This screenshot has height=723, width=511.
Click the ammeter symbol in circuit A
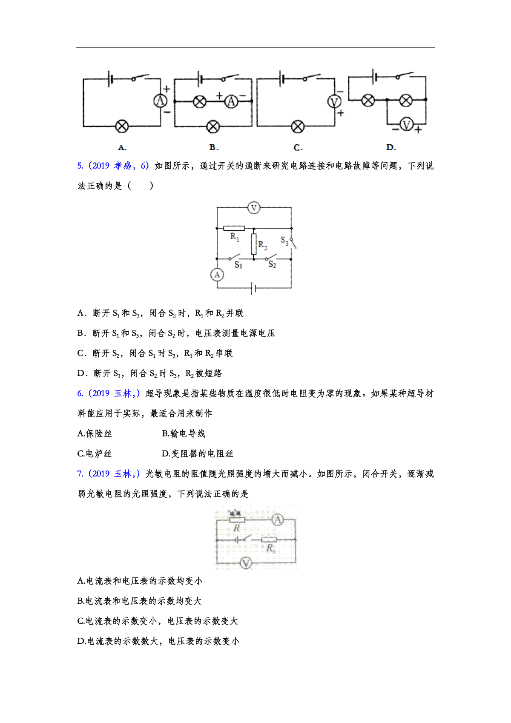[161, 101]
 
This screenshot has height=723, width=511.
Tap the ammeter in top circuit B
[231, 102]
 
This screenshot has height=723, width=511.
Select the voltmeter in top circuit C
[334, 102]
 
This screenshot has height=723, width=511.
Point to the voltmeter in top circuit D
[406, 124]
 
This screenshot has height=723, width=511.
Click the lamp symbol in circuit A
[122, 126]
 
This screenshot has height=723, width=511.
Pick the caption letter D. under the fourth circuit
[391, 147]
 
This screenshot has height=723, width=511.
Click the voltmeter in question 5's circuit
[254, 208]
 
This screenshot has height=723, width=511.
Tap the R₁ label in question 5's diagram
[235, 237]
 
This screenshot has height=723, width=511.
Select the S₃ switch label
[284, 241]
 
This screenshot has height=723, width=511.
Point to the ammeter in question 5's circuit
[217, 275]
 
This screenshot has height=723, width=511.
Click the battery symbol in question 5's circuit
[254, 288]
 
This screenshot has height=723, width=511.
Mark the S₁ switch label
[238, 265]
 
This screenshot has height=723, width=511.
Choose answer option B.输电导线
[184, 433]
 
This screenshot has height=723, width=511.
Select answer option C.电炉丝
[94, 453]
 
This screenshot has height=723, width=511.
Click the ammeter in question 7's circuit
[277, 520]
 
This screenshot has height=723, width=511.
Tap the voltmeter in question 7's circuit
[246, 563]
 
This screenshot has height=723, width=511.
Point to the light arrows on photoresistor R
[234, 513]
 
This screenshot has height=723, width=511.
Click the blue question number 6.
[80, 393]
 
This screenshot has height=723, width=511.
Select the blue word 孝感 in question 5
[123, 166]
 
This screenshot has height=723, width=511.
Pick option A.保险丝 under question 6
[94, 433]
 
